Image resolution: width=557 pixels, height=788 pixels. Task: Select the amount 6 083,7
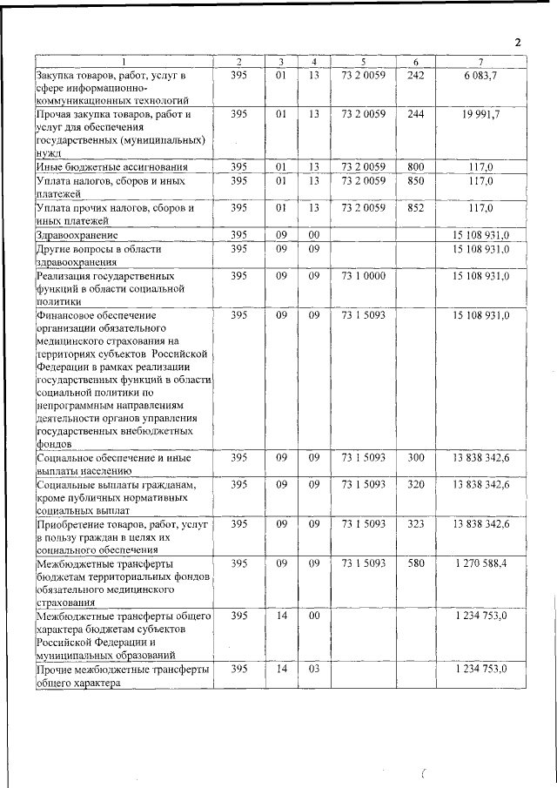[x=480, y=77]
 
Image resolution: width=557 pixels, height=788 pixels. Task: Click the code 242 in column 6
[x=416, y=77]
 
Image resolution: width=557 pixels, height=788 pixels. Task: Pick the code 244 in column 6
[x=416, y=114]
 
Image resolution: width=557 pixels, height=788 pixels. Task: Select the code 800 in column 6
[x=416, y=165]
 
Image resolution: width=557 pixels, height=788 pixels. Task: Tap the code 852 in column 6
[x=416, y=209]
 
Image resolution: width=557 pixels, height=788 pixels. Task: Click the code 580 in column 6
[x=416, y=563]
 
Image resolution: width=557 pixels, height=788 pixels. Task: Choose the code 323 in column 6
[x=416, y=525]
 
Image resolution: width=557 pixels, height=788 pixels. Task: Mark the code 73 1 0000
[x=364, y=276]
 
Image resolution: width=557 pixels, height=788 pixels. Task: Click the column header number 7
[x=480, y=62]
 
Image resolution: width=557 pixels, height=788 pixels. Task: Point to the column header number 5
[x=364, y=62]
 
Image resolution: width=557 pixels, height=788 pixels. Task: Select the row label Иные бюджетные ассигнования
[x=100, y=165]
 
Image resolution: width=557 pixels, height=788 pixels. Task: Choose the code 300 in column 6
[x=416, y=457]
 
